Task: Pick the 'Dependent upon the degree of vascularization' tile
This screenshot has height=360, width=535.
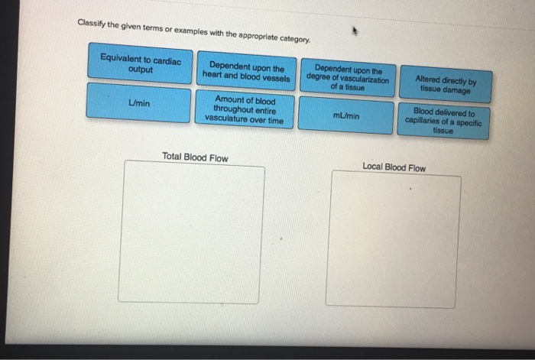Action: pos(347,77)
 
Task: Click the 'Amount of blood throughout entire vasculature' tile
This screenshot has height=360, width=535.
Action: pos(245,110)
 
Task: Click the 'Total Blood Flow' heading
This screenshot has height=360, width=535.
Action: pos(195,158)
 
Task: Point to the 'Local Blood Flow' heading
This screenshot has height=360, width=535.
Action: pos(395,167)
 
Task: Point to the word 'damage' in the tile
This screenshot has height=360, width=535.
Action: pos(457,89)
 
